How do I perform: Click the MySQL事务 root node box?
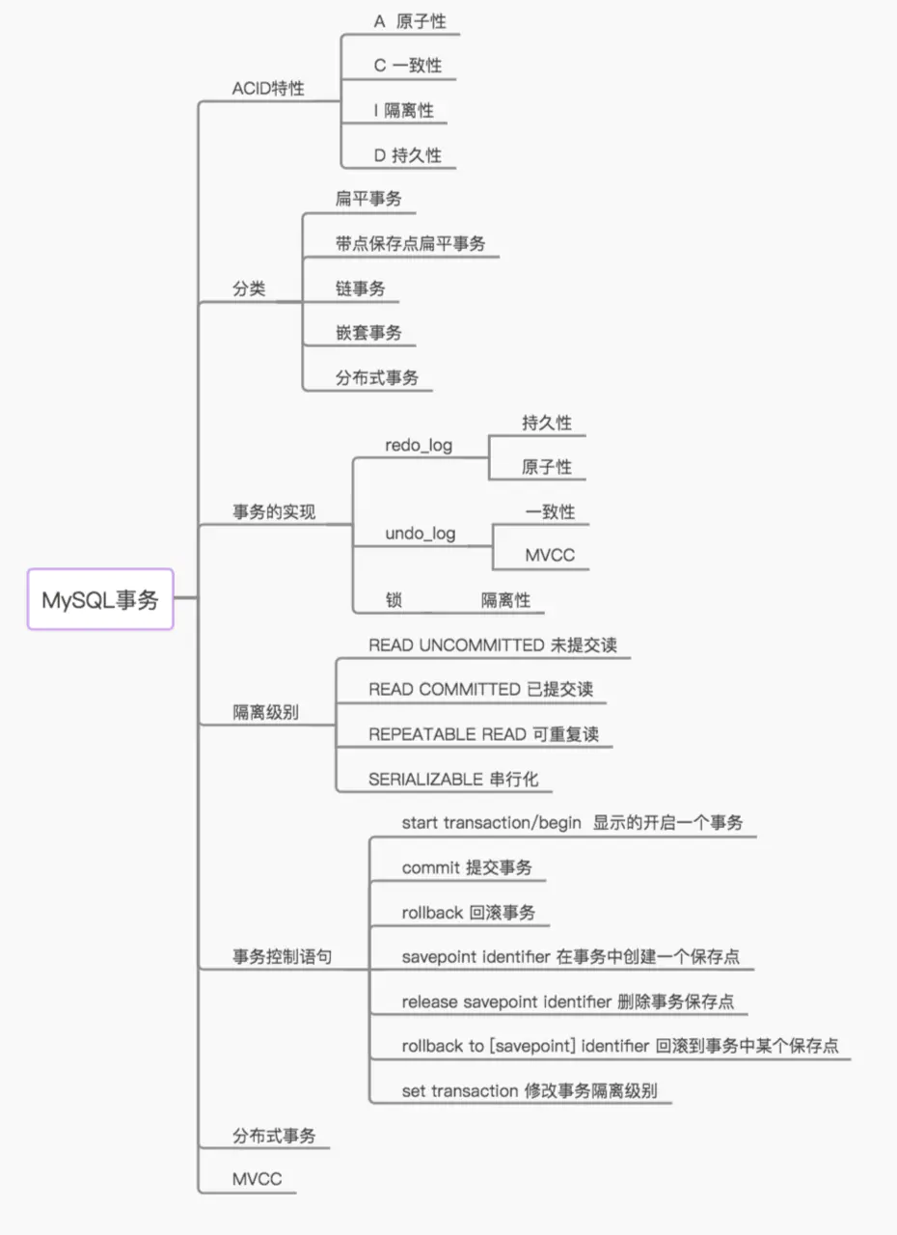100,599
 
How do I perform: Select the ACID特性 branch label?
268,88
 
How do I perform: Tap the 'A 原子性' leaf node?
409,22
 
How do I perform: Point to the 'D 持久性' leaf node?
407,154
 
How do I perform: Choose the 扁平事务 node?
368,199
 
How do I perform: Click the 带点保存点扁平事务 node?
410,243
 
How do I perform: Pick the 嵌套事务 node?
368,333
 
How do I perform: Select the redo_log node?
419,446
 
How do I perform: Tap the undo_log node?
421,534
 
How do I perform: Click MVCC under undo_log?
550,556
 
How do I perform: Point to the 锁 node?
394,600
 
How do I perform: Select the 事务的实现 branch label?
274,512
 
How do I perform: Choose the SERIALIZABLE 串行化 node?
453,779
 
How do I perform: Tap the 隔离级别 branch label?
265,713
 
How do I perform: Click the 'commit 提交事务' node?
466,867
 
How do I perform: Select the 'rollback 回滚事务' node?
468,913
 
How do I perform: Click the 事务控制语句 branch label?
286,957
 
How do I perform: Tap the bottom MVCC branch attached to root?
258,1179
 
